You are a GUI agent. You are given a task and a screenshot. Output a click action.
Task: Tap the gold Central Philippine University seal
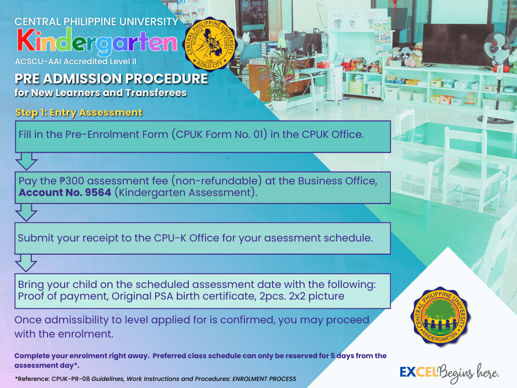(x=210, y=44)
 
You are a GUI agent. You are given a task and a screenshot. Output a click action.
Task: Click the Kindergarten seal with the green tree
(x=440, y=317)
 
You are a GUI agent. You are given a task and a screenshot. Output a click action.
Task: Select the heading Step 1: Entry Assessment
(x=78, y=113)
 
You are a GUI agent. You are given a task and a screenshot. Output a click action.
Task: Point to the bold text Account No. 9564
(x=65, y=192)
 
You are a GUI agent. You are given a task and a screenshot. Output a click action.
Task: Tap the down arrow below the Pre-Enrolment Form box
(x=26, y=161)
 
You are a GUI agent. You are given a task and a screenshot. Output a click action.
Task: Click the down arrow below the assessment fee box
(x=26, y=213)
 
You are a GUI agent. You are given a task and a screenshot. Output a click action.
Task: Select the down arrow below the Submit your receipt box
(x=26, y=263)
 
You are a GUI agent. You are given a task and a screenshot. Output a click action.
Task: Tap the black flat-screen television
(x=458, y=44)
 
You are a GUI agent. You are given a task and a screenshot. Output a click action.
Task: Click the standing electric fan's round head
(x=497, y=48)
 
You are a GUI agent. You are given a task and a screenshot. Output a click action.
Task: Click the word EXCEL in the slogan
(x=419, y=372)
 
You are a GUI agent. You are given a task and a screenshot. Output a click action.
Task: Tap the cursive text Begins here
(x=468, y=373)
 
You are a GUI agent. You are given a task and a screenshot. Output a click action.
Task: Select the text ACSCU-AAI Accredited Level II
(x=76, y=61)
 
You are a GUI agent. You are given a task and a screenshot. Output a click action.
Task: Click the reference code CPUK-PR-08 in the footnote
(x=71, y=379)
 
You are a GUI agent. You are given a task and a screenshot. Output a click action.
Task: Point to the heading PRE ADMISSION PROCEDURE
(x=111, y=79)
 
